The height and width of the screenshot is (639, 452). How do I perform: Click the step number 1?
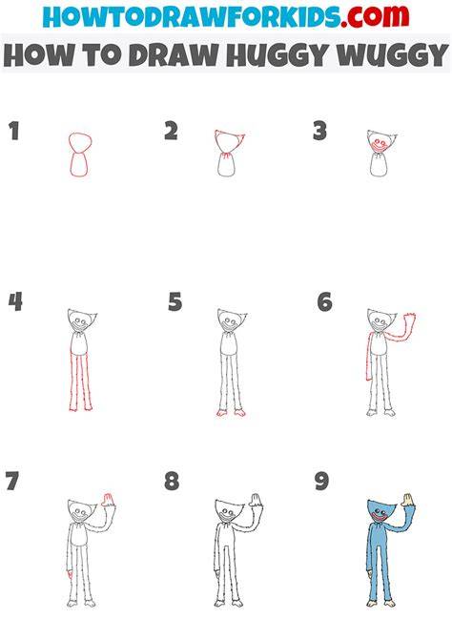tap(14, 131)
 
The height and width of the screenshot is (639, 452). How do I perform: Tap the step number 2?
tap(171, 131)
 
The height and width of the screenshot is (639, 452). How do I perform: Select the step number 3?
tap(320, 131)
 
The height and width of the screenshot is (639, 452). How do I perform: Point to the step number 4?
tap(15, 301)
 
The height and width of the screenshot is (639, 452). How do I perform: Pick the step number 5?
tap(175, 301)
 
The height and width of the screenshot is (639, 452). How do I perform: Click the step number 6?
tap(324, 301)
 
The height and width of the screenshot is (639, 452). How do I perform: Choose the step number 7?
tap(12, 481)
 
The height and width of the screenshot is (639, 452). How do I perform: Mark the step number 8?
tap(172, 481)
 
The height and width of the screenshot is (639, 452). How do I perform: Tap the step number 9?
tap(321, 481)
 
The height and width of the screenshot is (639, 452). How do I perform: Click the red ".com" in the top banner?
tap(375, 16)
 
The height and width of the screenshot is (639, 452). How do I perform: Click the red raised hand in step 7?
tap(107, 500)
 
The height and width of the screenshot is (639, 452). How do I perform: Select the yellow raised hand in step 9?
tap(407, 500)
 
